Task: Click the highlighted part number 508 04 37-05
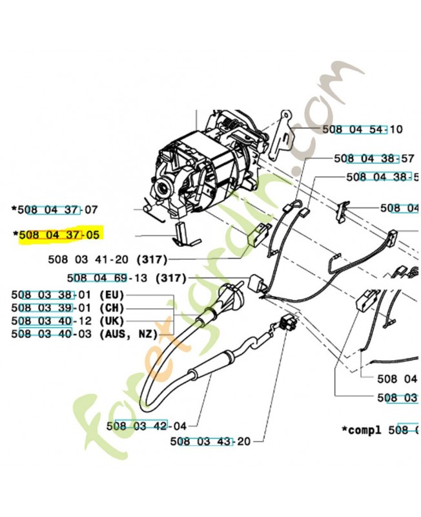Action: pyautogui.click(x=59, y=235)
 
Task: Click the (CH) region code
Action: pyautogui.click(x=110, y=308)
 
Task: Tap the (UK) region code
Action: pyautogui.click(x=110, y=321)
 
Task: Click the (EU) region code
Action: pyautogui.click(x=110, y=295)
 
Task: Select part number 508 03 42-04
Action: pyautogui.click(x=146, y=426)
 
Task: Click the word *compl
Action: pyautogui.click(x=362, y=429)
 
